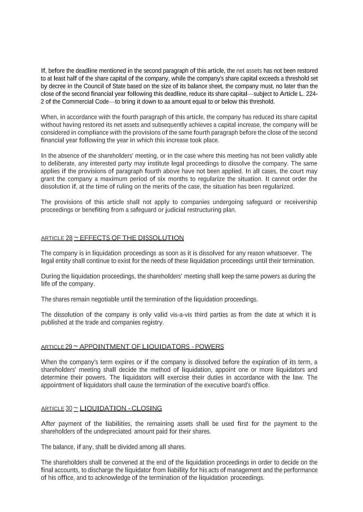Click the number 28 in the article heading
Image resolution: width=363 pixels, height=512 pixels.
tap(69, 238)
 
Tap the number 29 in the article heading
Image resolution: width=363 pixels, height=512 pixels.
tap(68, 347)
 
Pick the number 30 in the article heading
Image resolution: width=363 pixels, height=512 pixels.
tap(69, 408)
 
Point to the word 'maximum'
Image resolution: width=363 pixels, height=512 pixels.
tap(114, 179)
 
